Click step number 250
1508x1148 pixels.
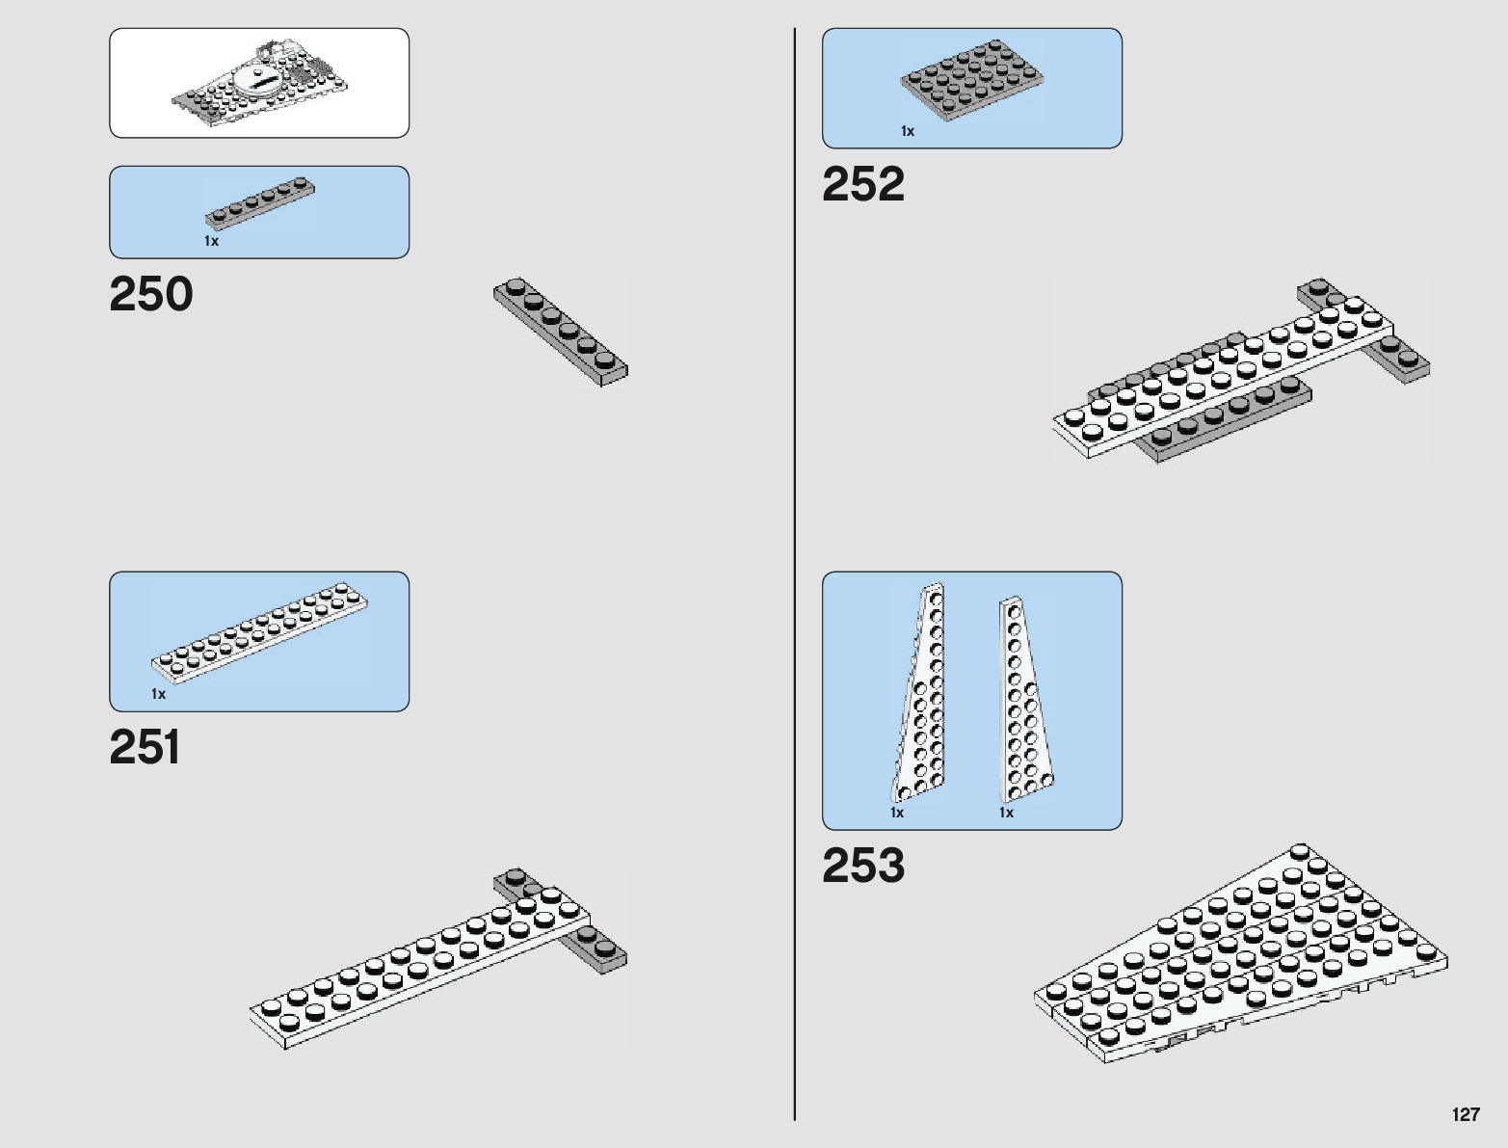[x=151, y=294]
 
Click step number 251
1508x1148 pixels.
[x=145, y=747]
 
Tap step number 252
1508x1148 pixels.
[x=862, y=184]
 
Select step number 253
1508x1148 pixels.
[x=862, y=865]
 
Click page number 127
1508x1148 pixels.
[x=1465, y=1114]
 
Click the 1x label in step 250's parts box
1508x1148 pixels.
[x=211, y=241]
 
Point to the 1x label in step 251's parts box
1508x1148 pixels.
[x=158, y=694]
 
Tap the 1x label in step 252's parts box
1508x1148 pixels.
[x=907, y=131]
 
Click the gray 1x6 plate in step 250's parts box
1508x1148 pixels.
[x=260, y=202]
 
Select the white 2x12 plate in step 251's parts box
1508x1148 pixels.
[x=259, y=632]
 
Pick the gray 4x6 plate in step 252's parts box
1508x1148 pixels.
[x=971, y=80]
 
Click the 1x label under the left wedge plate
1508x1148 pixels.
[x=897, y=813]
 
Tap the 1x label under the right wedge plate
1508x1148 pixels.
[x=1006, y=813]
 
